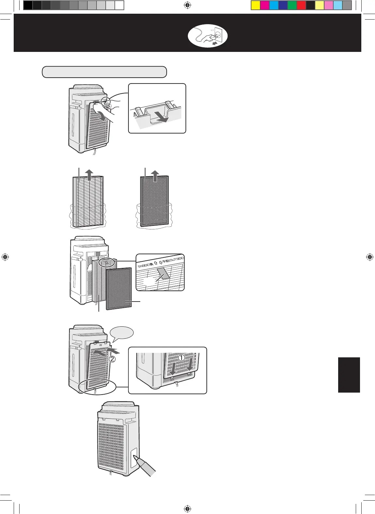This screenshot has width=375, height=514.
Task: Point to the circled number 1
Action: click(181, 358)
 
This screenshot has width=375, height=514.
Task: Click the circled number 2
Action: click(112, 360)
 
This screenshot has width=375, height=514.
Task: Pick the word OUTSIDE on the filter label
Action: click(176, 260)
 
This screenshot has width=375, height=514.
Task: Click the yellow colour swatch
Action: click(255, 6)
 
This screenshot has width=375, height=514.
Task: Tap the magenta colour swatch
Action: click(264, 6)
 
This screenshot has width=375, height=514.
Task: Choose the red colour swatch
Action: click(301, 6)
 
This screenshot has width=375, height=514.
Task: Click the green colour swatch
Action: click(292, 6)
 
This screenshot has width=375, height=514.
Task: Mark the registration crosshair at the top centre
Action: click(187, 5)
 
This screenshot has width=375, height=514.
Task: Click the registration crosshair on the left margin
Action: click(5, 257)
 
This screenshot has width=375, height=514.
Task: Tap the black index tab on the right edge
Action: click(349, 375)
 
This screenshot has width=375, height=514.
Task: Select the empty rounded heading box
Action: click(104, 72)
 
